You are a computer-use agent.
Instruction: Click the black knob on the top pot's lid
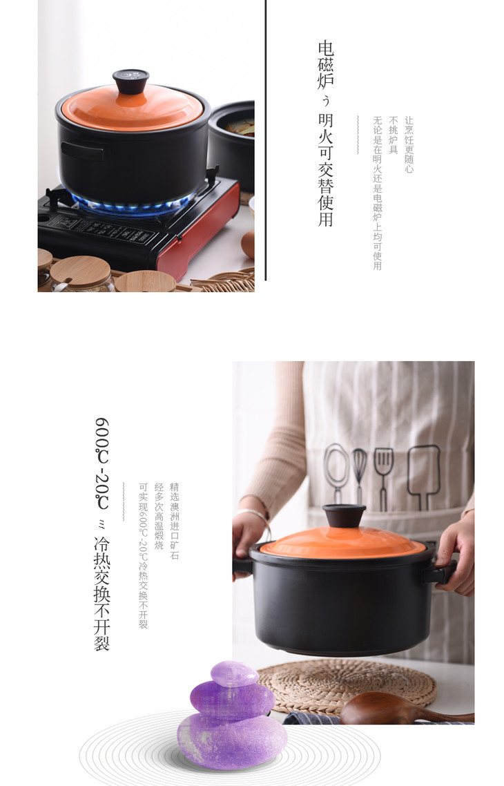[130, 82]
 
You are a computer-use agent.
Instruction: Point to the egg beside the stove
[248, 244]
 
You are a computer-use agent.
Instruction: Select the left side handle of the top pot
[83, 151]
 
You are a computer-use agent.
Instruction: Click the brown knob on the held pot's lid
[344, 516]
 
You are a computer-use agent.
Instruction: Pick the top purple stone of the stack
[234, 673]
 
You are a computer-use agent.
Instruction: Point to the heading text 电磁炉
[326, 65]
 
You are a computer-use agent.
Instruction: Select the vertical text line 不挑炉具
[394, 135]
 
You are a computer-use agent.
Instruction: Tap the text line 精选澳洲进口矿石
[175, 521]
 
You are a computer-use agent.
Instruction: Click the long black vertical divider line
[266, 140]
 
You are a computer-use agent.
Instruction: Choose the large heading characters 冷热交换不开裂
[101, 593]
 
